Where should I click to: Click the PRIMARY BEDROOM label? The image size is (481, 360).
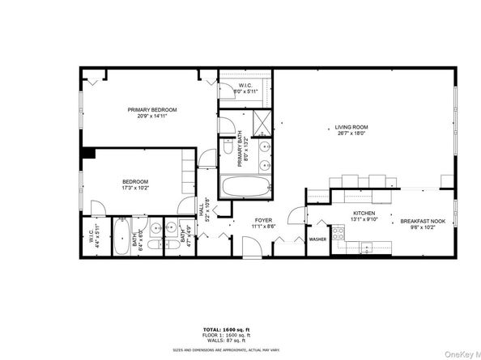point(151,109)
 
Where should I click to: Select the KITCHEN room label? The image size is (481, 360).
point(361,214)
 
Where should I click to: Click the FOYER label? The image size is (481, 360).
point(263,219)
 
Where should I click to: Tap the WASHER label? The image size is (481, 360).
point(317,239)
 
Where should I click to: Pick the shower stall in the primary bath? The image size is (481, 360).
point(262,122)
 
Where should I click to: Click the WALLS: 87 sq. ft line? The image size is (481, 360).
point(240,341)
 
